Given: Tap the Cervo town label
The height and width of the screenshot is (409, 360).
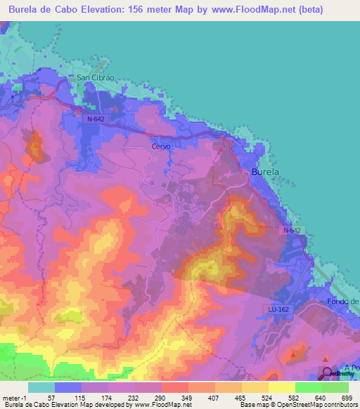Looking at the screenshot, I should (x=162, y=146).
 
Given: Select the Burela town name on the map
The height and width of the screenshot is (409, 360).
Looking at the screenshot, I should (x=266, y=171).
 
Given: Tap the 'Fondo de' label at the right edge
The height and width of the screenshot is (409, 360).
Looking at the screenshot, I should (x=344, y=301).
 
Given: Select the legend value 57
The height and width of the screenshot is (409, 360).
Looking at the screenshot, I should (x=51, y=397).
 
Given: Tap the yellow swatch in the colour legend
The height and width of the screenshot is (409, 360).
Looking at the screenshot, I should (x=281, y=387).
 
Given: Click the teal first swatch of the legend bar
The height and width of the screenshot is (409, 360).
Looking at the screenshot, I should (x=41, y=387).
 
